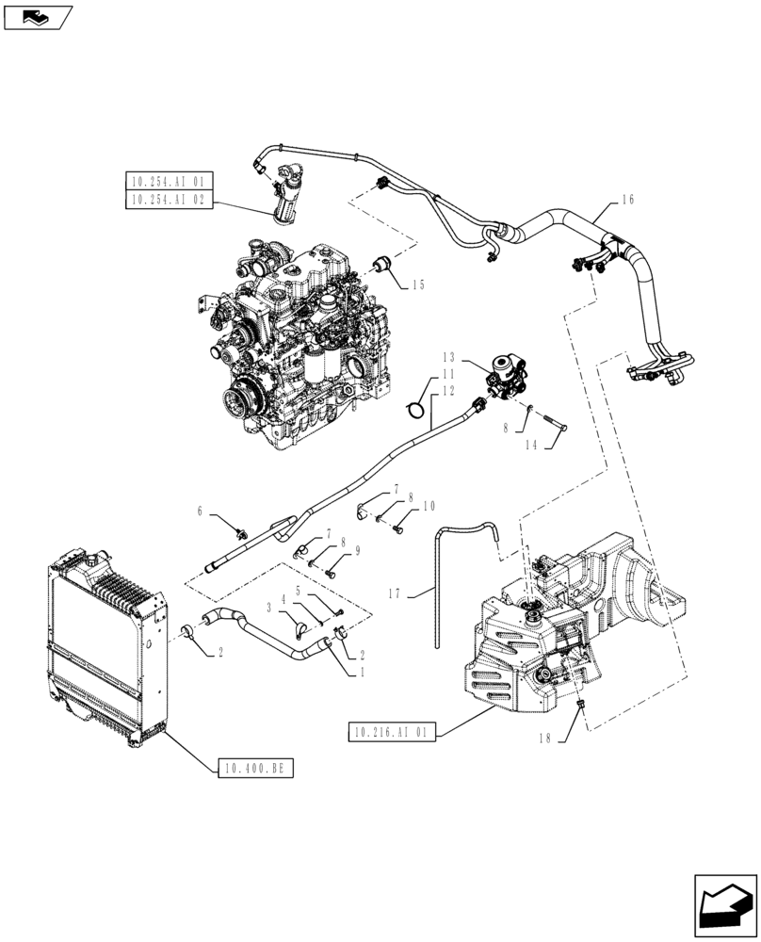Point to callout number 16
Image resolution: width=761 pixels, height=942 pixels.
pos(628,200)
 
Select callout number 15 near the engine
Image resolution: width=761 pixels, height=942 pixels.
pos(418,284)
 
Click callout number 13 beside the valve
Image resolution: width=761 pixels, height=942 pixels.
pos(447,358)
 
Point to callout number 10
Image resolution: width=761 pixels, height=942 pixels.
pos(429,506)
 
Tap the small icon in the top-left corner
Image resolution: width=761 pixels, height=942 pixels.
pos(37,16)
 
